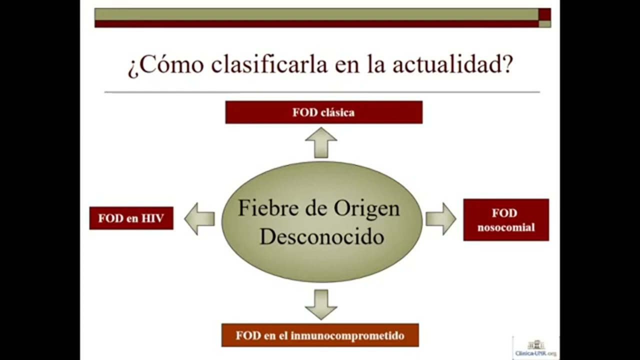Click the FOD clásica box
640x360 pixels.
point(323,112)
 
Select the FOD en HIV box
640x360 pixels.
point(131,218)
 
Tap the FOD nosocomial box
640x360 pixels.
point(505,219)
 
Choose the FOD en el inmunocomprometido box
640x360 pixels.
point(320,335)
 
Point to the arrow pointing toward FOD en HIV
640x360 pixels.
point(199,219)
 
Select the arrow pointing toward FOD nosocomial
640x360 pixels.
point(440,219)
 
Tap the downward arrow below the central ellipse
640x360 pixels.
point(321,304)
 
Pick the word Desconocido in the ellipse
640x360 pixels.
point(321,236)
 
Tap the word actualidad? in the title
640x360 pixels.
point(452,65)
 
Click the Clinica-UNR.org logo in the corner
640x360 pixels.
point(535,348)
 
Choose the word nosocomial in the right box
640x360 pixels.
point(505,227)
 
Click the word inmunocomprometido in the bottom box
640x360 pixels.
point(347,335)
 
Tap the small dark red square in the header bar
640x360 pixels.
point(544,14)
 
